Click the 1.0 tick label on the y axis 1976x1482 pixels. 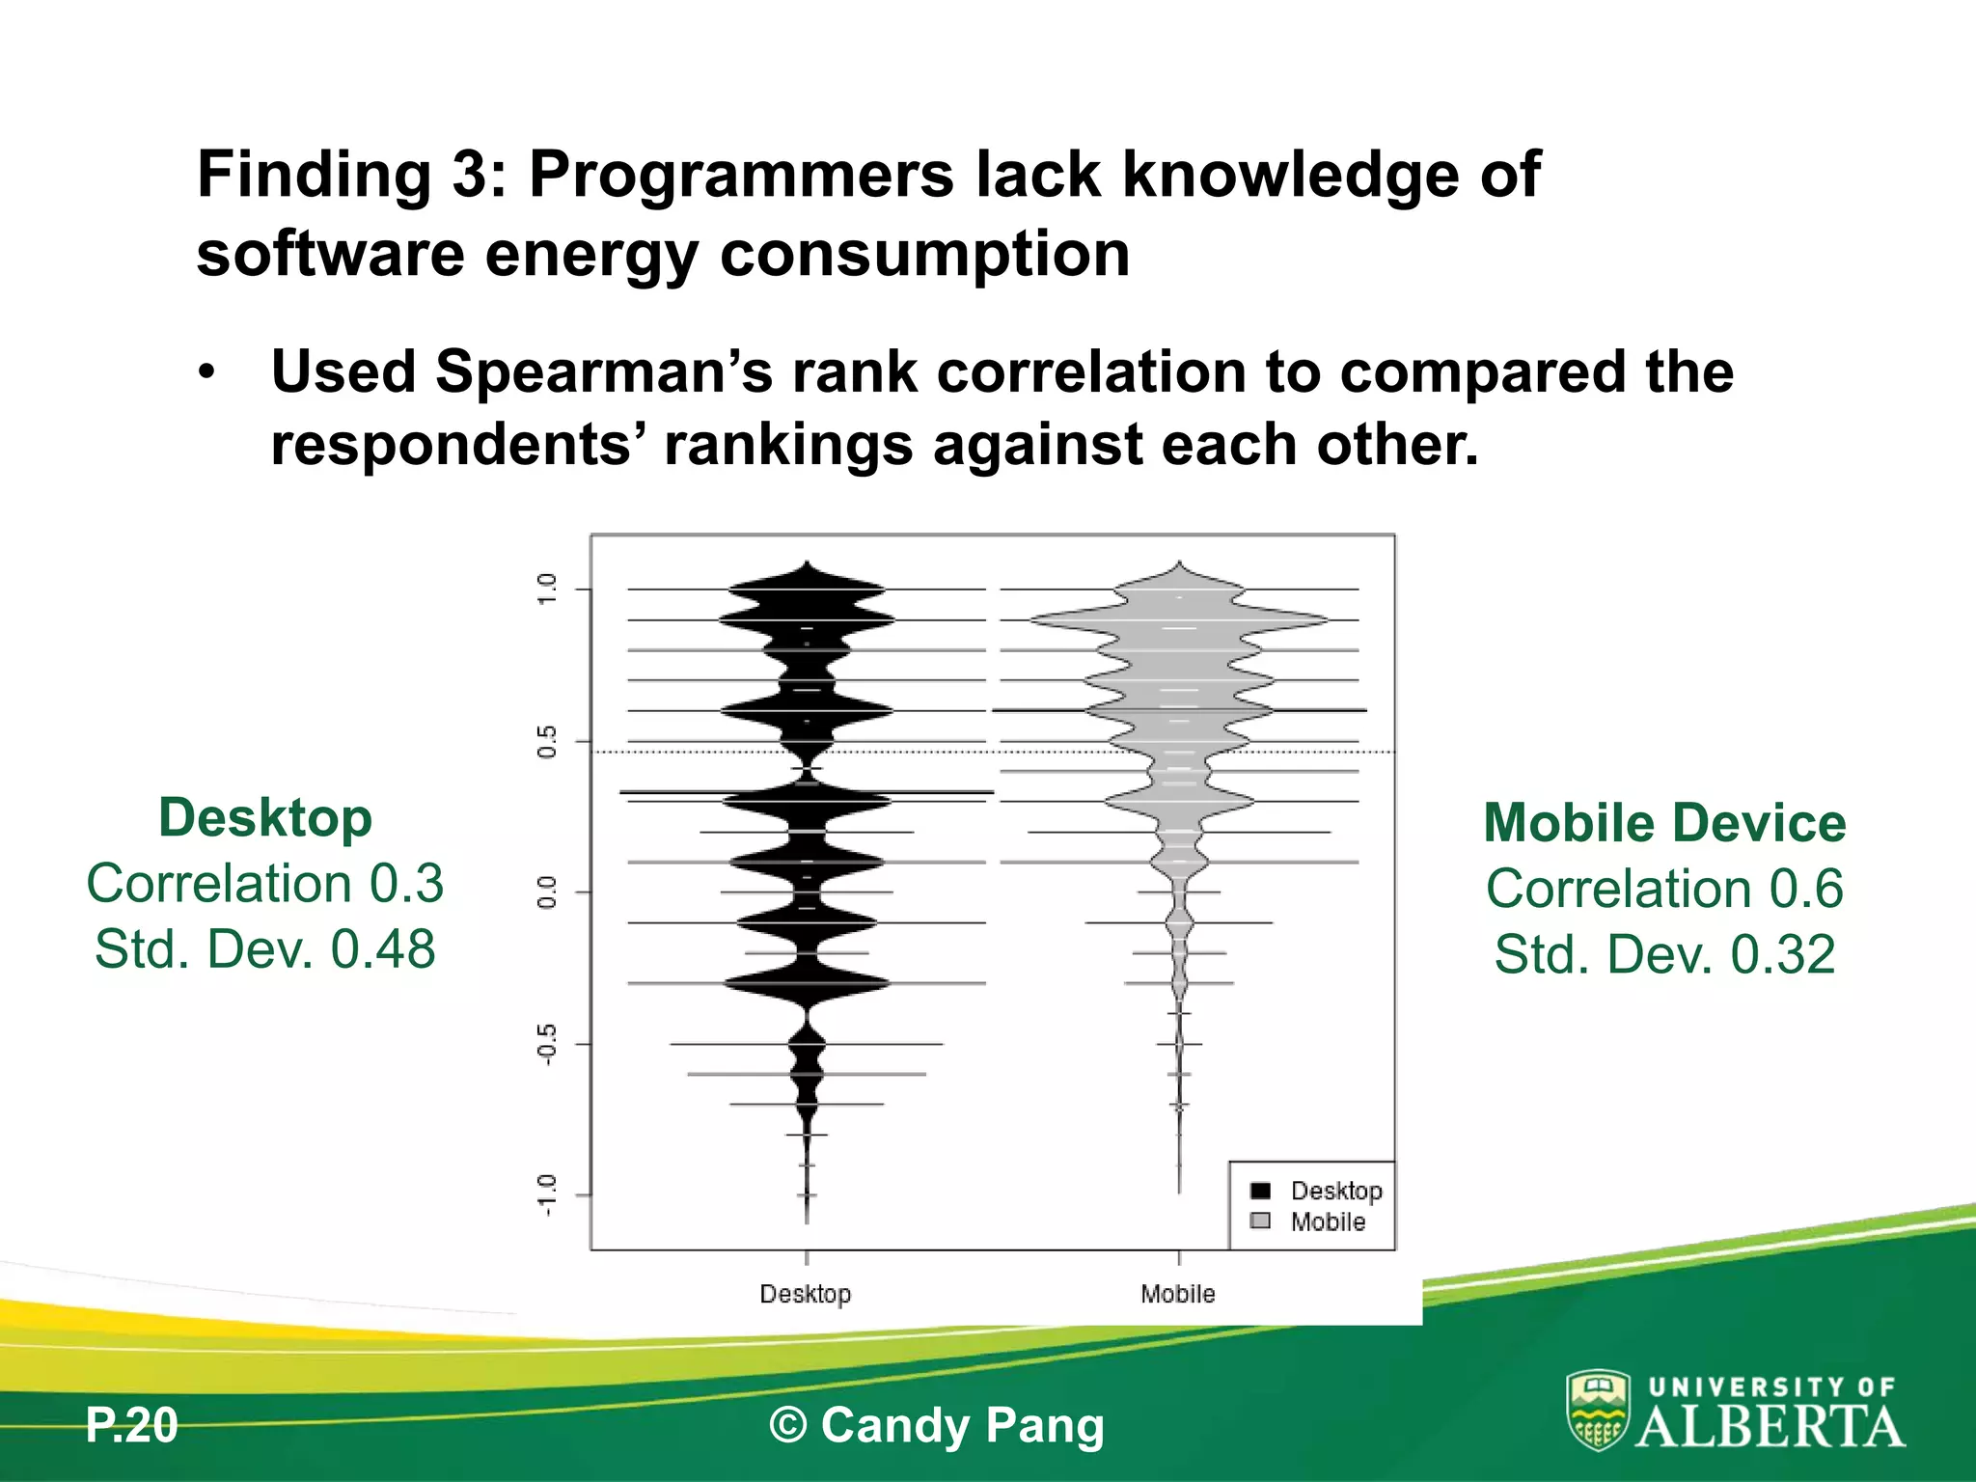[547, 589]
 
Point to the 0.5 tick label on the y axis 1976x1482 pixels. [547, 741]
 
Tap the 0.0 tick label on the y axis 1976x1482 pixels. [547, 892]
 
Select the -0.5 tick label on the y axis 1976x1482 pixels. [547, 1044]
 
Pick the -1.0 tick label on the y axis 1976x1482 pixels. [547, 1195]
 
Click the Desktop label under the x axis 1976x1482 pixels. [806, 1294]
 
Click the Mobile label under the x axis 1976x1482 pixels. [1178, 1294]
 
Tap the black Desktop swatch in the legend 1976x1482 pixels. [1260, 1191]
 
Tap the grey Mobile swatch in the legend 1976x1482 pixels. [1260, 1221]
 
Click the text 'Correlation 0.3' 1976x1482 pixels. [265, 884]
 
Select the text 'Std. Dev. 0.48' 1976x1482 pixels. [265, 949]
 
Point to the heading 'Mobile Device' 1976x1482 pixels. [1664, 823]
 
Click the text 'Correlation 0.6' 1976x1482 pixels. [1664, 889]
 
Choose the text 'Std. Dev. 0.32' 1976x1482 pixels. [1664, 954]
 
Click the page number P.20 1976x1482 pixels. [132, 1425]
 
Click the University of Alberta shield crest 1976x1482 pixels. [1598, 1411]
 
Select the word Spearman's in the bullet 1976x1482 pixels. [604, 372]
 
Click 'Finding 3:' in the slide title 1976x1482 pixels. [352, 175]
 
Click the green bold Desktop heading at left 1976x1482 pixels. [265, 818]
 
